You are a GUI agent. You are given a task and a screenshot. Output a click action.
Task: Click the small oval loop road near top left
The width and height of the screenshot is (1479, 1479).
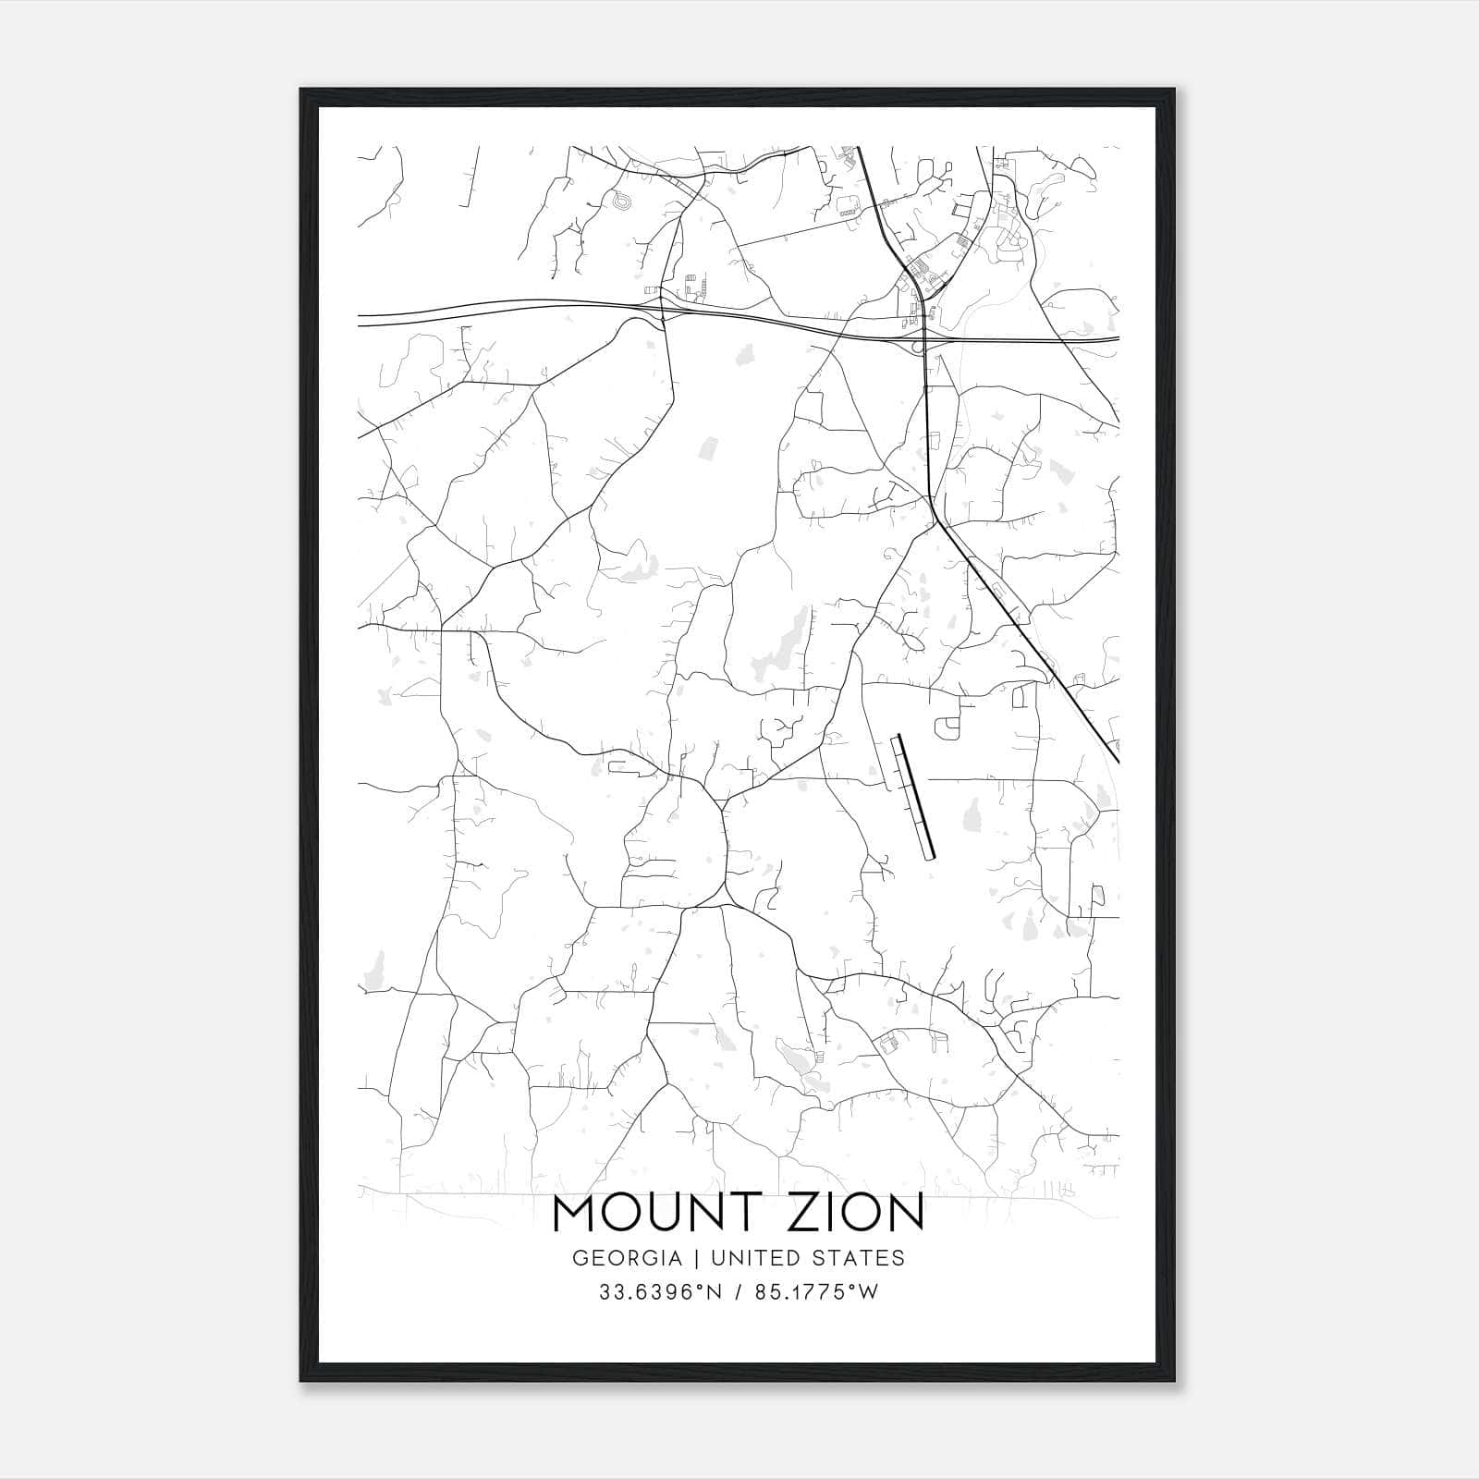pos(619,200)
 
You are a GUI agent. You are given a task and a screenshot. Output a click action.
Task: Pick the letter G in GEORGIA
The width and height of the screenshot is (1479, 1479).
pos(579,1258)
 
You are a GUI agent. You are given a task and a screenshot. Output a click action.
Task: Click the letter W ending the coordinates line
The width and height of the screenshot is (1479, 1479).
pos(868,1292)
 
